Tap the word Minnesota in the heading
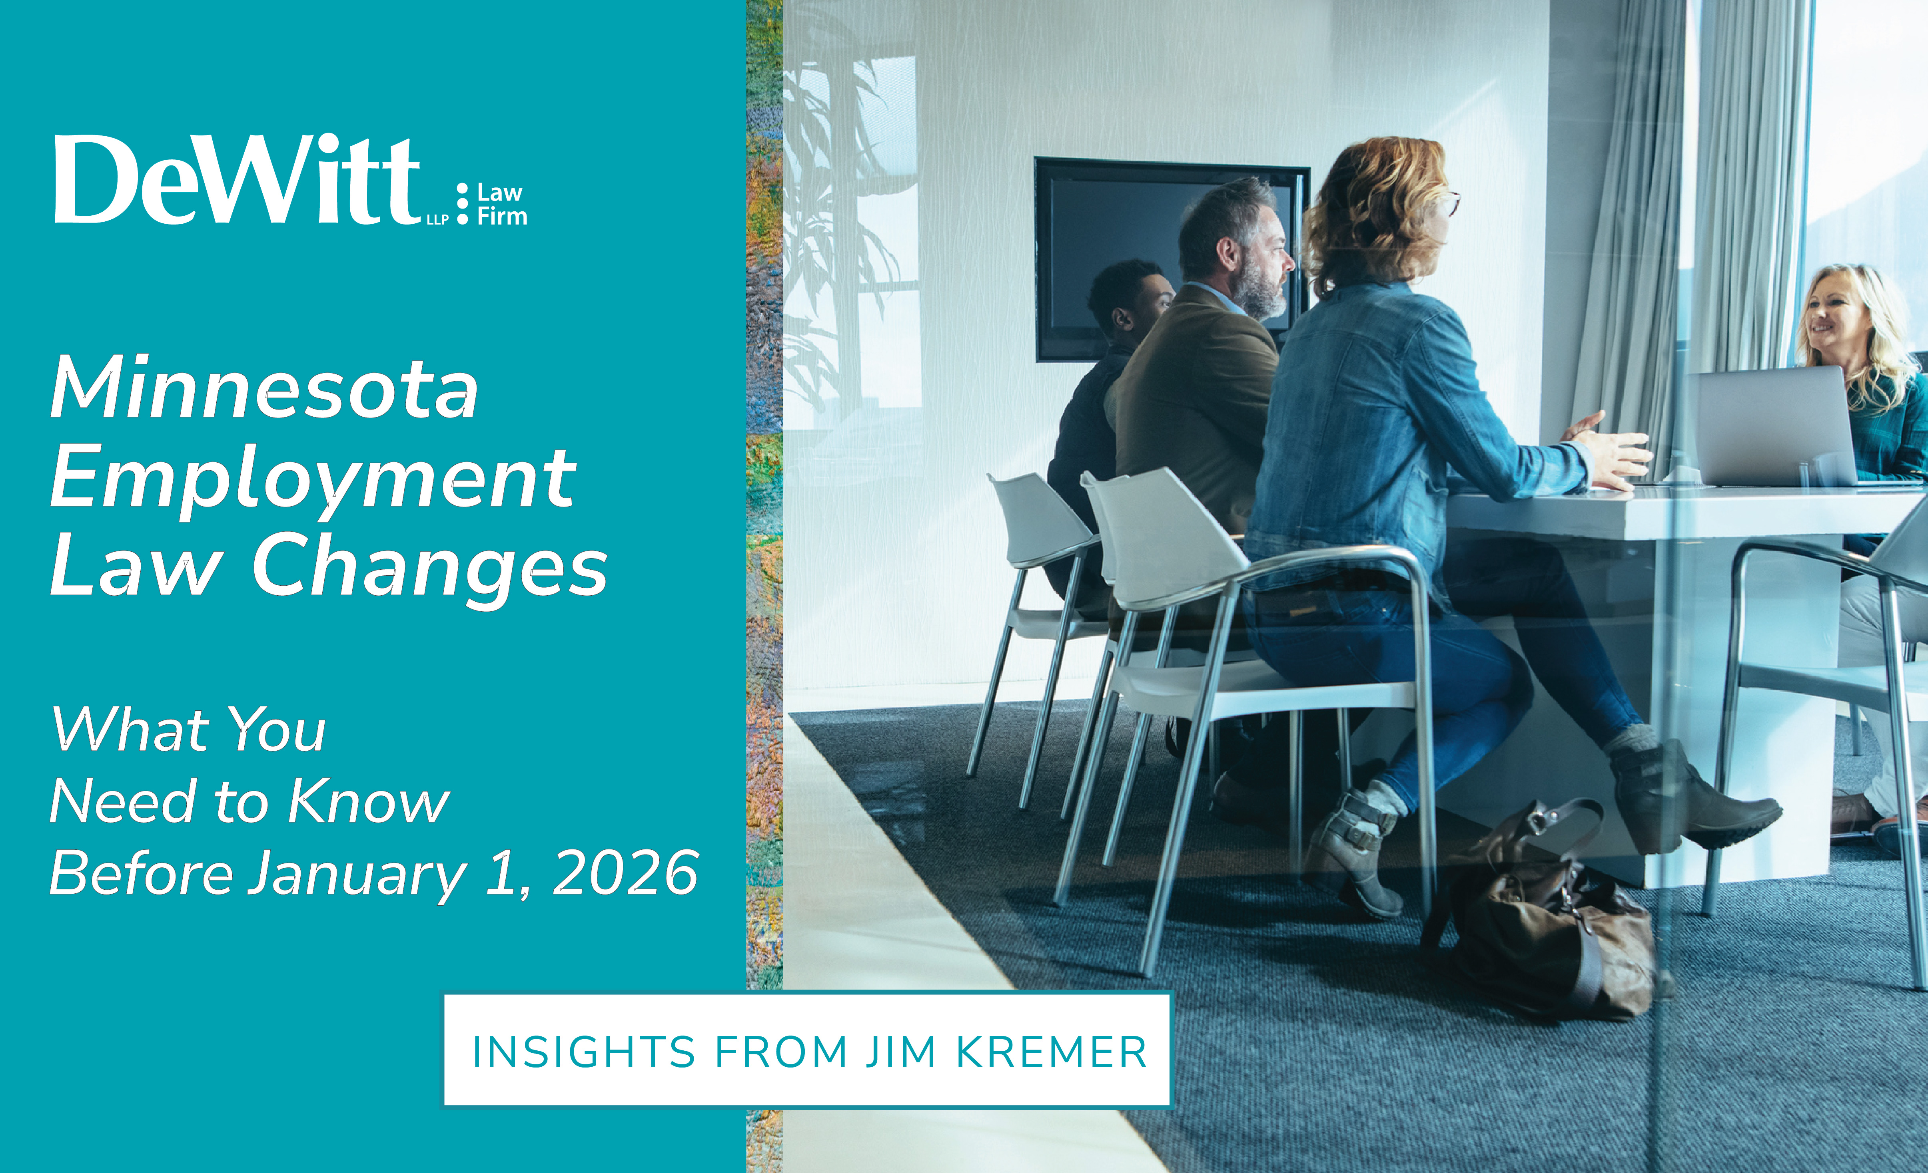tap(264, 389)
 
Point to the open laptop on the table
tap(1772, 426)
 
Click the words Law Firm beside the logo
tap(501, 205)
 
